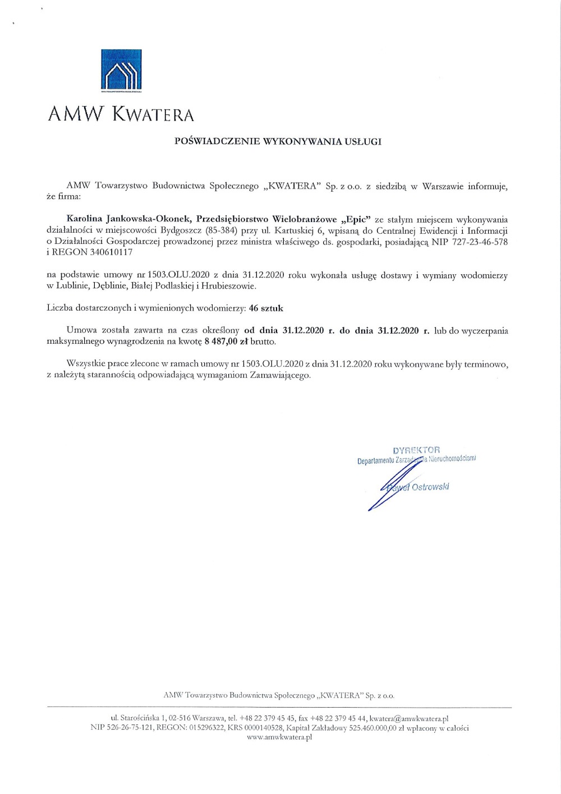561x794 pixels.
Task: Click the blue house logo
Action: pyautogui.click(x=121, y=70)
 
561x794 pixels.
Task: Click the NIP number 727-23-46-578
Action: pyautogui.click(x=479, y=242)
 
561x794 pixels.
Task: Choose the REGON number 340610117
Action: pyautogui.click(x=111, y=252)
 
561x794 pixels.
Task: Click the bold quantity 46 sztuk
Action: pyautogui.click(x=266, y=308)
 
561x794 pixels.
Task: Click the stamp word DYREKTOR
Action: pyautogui.click(x=416, y=450)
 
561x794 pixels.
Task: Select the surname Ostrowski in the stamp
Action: pyautogui.click(x=430, y=487)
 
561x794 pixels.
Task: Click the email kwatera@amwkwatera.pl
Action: pyautogui.click(x=409, y=718)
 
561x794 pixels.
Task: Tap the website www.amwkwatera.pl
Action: pyautogui.click(x=279, y=737)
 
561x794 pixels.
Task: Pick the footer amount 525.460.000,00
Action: pyautogui.click(x=373, y=728)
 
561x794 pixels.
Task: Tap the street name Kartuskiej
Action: pyautogui.click(x=294, y=230)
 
